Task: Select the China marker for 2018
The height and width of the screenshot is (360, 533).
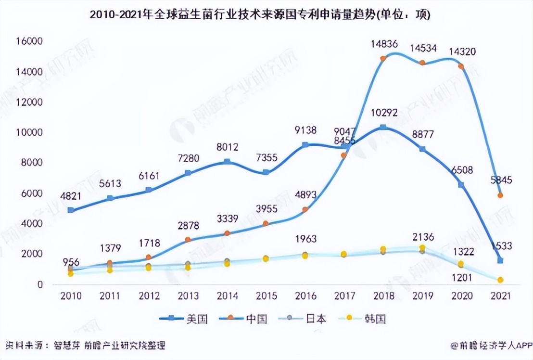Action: pyautogui.click(x=383, y=59)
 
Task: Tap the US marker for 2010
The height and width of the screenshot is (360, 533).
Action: pyautogui.click(x=71, y=210)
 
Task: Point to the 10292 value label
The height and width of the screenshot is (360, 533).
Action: pyautogui.click(x=383, y=114)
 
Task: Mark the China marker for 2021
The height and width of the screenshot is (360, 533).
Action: pyautogui.click(x=501, y=195)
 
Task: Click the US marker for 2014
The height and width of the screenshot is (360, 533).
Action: pyautogui.click(x=227, y=162)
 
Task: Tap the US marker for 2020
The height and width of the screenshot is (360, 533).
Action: pyautogui.click(x=461, y=185)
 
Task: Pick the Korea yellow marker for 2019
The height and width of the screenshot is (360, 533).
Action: pyautogui.click(x=422, y=248)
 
